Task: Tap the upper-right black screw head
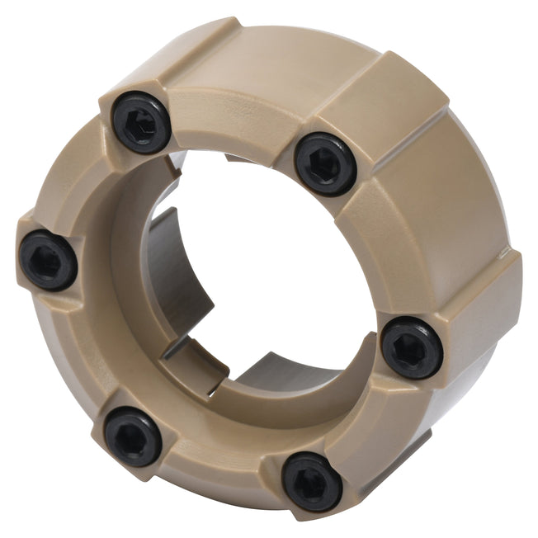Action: pyautogui.click(x=325, y=163)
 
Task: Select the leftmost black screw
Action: pyautogui.click(x=48, y=260)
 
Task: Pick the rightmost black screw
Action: pyautogui.click(x=412, y=347)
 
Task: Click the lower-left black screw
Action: pyautogui.click(x=133, y=435)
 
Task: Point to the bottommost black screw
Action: pyautogui.click(x=312, y=481)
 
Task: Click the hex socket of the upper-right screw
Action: pyautogui.click(x=325, y=163)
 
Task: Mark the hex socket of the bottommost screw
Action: pyautogui.click(x=313, y=482)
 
